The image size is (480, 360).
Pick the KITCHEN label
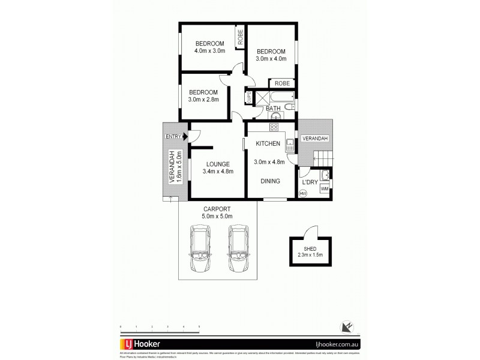point(268,145)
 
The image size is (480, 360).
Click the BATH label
point(274,109)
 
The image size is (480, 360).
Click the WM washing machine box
point(325,189)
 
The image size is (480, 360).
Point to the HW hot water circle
point(303,193)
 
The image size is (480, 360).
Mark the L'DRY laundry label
point(310,182)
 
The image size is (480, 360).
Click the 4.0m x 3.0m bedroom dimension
point(209,51)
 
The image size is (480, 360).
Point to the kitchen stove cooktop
point(274,127)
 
